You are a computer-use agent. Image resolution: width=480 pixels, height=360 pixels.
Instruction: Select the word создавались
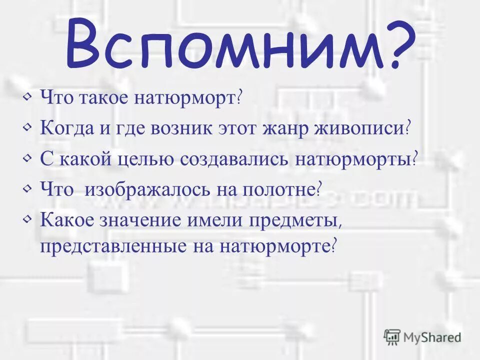(x=234, y=159)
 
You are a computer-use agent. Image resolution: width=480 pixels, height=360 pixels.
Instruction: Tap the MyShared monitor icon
(x=392, y=337)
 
